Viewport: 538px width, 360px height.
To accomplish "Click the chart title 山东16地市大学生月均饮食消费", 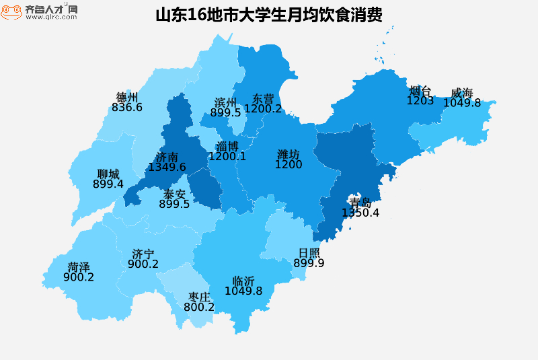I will tap(269, 15).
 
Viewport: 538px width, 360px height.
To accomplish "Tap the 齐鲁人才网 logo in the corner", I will tap(39, 11).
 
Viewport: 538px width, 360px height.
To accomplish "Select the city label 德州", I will tap(127, 97).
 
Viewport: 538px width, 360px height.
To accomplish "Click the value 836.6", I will tap(127, 107).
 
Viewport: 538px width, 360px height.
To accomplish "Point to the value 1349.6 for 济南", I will tap(167, 167).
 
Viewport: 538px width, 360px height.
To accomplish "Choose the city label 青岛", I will tap(360, 203).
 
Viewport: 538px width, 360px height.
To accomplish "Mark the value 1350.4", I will tap(360, 213).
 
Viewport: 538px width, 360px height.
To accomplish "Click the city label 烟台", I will tap(420, 91).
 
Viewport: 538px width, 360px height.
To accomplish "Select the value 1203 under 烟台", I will tap(420, 101).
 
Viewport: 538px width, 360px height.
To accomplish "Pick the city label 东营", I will tap(263, 98).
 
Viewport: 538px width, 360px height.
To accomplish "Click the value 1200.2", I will tap(263, 108).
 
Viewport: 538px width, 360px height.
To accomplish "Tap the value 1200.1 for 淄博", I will tap(227, 157).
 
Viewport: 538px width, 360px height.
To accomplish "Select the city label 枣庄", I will tap(199, 297).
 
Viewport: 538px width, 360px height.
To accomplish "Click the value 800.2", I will tap(199, 307).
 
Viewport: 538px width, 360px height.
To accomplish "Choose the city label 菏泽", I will tap(79, 266).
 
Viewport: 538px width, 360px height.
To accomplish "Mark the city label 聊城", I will tap(108, 174).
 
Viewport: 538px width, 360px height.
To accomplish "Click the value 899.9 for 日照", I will tap(309, 263).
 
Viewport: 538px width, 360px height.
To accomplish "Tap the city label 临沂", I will tap(243, 281).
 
